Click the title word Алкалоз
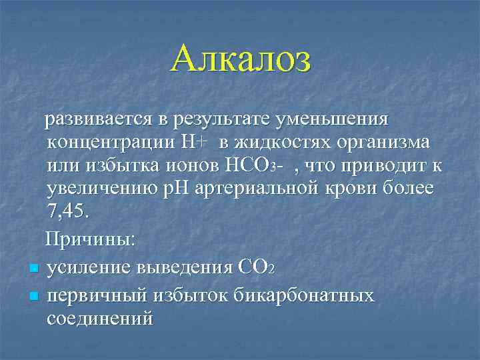pos(240,59)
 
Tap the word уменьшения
pos(331,119)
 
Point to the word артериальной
pos(268,187)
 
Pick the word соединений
pos(100,317)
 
